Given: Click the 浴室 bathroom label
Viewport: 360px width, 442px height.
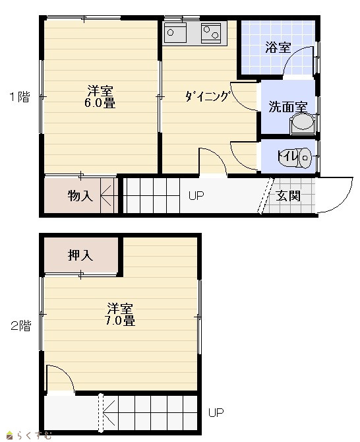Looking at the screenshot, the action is point(278,47).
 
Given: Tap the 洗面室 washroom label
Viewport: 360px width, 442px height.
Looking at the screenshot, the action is point(288,107).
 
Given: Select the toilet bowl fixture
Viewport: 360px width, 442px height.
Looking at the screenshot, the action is point(304,158).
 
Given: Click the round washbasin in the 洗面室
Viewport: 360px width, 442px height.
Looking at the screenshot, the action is point(303,122).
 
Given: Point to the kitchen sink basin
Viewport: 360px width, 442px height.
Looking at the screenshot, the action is point(175,32).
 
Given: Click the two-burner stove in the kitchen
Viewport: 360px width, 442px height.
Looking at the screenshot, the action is point(211,32).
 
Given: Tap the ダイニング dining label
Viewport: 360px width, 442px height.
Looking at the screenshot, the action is point(207,96).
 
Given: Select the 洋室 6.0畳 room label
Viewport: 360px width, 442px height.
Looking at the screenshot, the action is point(100,97).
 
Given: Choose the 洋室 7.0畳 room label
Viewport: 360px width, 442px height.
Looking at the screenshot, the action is point(120,315).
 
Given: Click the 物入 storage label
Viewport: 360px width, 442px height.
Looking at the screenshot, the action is point(80,195).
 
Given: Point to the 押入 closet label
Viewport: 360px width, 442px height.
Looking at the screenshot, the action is point(80,255).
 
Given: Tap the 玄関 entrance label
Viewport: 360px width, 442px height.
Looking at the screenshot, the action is point(288,196).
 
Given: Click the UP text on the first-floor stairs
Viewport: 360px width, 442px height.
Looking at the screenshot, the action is point(196,195).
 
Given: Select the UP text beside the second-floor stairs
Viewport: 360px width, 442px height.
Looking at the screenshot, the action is point(216,413).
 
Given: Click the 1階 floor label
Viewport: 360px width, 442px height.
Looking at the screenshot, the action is point(20,97).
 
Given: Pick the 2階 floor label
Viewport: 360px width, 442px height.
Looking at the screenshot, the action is point(20,326).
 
